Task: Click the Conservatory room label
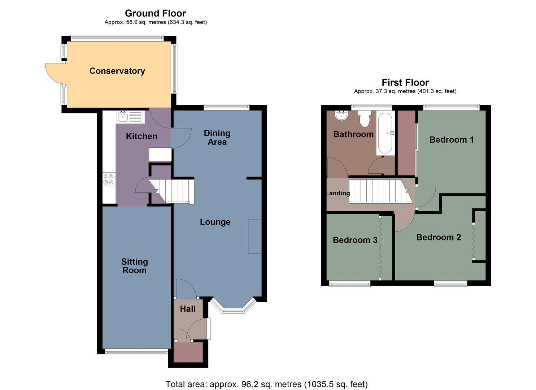[x=117, y=71]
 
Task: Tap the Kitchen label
[x=141, y=136]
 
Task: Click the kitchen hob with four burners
[x=109, y=179]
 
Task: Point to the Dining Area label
[x=217, y=138]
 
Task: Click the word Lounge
[x=215, y=222]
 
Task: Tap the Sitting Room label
[x=134, y=266]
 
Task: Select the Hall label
[x=188, y=309]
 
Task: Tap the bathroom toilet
[x=365, y=119]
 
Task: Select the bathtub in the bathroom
[x=386, y=134]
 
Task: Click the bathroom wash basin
[x=341, y=116]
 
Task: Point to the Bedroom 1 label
[x=451, y=140]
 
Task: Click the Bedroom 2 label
[x=439, y=237]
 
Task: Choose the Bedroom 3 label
[x=355, y=240]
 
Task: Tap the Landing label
[x=338, y=193]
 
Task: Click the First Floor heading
[x=405, y=82]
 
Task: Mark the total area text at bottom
[x=266, y=384]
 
